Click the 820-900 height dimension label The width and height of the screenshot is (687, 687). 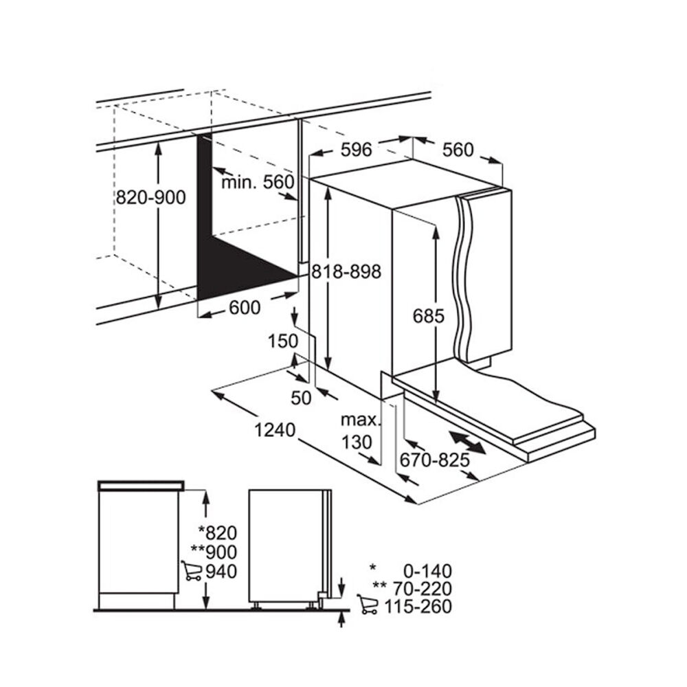150,198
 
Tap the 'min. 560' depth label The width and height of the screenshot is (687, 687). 258,182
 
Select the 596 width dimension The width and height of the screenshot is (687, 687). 356,149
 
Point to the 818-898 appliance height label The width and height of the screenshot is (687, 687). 345,271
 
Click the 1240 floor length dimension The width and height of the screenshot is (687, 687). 274,430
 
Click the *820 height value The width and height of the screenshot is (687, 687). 217,533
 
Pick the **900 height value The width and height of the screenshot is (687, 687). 214,552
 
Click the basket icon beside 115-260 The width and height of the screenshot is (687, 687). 368,605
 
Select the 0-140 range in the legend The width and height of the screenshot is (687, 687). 425,570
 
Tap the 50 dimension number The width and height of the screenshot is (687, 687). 302,396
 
